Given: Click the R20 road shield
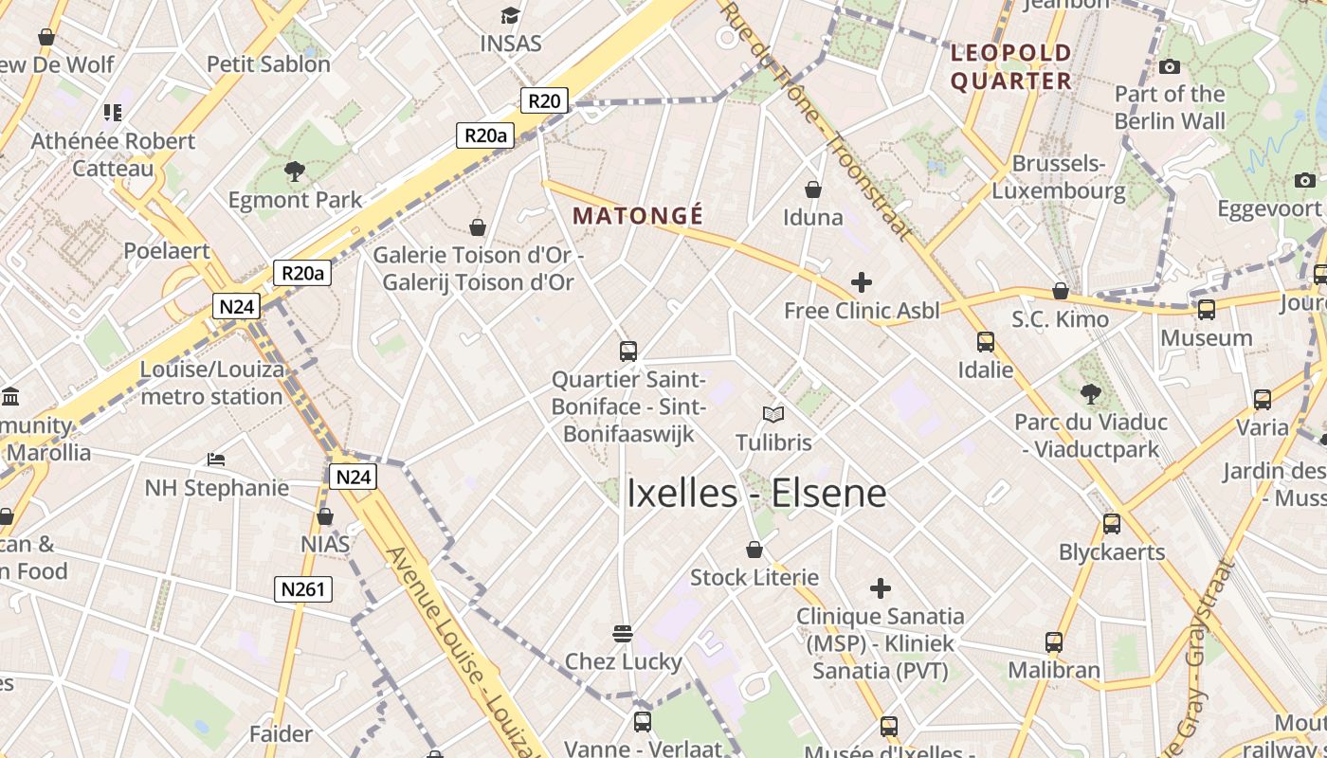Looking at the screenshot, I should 544,99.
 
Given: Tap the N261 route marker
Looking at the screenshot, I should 304,589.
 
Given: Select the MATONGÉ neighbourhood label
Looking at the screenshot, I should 638,216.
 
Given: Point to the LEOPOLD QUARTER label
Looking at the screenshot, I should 1010,66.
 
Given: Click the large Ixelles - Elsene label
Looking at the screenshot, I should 756,494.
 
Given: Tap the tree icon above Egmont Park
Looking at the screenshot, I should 295,171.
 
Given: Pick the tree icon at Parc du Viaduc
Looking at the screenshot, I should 1091,392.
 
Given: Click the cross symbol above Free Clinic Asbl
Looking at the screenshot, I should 862,281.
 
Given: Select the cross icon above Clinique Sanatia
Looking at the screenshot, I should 881,588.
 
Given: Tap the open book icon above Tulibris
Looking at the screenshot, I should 773,414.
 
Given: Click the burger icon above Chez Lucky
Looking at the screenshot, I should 623,633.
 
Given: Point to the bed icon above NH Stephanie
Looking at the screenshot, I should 216,460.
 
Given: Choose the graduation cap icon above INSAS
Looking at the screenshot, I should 511,15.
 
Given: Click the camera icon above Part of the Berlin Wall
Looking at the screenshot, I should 1170,66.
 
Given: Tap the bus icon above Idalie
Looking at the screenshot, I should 986,341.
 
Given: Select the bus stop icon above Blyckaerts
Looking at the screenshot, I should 1112,523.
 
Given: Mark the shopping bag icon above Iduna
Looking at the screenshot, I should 813,189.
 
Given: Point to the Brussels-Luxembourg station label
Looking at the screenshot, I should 1059,177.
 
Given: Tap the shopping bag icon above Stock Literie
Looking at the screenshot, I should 754,550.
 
